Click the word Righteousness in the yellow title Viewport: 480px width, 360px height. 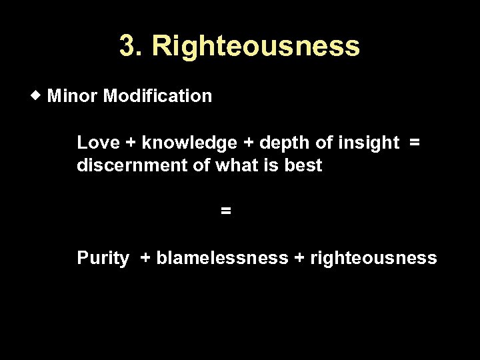click(256, 46)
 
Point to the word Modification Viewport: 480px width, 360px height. click(158, 96)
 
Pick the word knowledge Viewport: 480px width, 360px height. click(190, 143)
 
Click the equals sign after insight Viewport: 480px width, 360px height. click(415, 143)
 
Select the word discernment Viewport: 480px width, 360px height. click(133, 165)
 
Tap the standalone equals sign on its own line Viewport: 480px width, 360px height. click(226, 211)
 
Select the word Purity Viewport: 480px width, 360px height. click(103, 258)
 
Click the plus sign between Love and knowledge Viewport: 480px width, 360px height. click(131, 143)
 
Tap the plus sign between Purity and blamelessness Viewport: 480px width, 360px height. click(145, 258)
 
